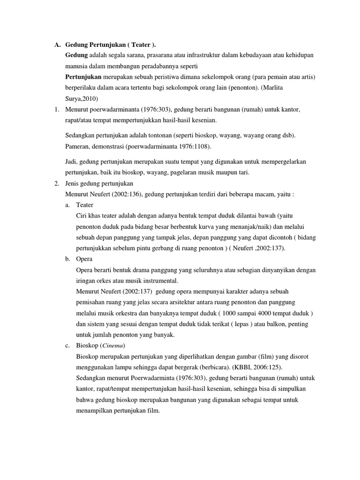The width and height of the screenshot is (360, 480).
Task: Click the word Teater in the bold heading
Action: [x=142, y=45]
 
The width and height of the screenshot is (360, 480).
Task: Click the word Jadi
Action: [x=71, y=162]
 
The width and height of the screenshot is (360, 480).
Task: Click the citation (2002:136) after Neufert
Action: [x=121, y=194]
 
